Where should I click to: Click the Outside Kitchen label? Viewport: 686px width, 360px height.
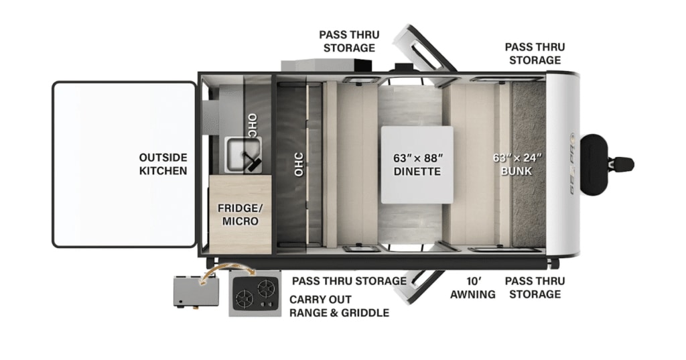pyautogui.click(x=163, y=164)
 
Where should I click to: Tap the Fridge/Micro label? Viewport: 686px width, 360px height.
pyautogui.click(x=238, y=215)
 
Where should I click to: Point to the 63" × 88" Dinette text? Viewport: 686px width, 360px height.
pyautogui.click(x=417, y=165)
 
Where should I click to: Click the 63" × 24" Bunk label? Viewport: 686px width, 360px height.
pyautogui.click(x=517, y=165)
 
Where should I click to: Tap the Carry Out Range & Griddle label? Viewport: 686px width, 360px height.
pyautogui.click(x=338, y=306)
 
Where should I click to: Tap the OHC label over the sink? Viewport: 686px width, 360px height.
pyautogui.click(x=252, y=125)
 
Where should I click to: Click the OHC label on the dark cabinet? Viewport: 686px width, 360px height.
pyautogui.click(x=299, y=164)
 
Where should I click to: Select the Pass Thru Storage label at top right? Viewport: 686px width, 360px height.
pyautogui.click(x=534, y=54)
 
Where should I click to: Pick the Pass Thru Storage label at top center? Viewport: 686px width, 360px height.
pyautogui.click(x=348, y=41)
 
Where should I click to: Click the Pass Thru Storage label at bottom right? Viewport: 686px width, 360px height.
pyautogui.click(x=534, y=288)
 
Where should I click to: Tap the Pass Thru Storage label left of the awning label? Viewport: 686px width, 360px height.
pyautogui.click(x=348, y=281)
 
